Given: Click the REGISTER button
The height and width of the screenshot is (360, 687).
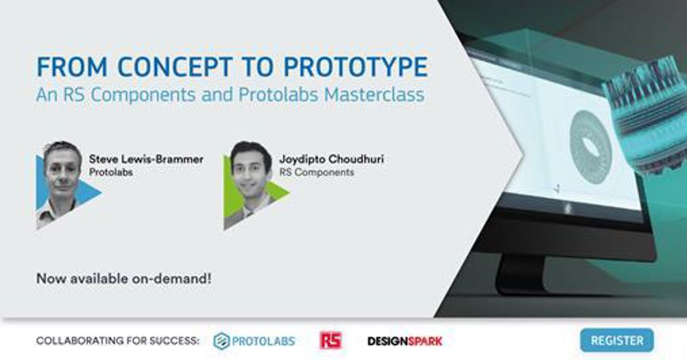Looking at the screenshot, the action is [x=617, y=340].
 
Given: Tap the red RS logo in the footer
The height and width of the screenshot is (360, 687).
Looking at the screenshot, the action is [x=330, y=340].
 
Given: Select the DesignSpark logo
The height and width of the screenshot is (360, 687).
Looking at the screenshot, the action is [x=405, y=341].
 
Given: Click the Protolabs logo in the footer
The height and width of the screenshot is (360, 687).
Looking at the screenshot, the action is [x=254, y=341].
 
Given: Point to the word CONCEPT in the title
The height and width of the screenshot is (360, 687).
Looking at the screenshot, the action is [x=174, y=67].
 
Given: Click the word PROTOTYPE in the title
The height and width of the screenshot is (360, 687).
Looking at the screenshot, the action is [x=355, y=67].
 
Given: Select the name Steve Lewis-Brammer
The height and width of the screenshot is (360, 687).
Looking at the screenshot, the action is [x=146, y=159].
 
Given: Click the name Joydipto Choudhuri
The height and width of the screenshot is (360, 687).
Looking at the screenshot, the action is [x=331, y=159].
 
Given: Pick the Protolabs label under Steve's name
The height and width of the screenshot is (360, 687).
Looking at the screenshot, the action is [x=111, y=172].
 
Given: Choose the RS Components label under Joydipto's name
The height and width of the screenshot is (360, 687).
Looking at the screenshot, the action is [x=317, y=172].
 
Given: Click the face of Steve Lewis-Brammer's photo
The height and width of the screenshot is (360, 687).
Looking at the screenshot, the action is [x=62, y=172].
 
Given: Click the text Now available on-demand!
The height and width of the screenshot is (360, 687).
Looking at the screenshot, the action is [x=123, y=278].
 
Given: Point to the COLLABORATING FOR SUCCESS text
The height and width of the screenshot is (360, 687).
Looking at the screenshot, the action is [x=117, y=341].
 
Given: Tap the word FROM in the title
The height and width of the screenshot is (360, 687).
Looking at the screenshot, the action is [x=72, y=67].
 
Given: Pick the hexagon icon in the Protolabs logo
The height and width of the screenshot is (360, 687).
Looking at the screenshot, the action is [x=221, y=341].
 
